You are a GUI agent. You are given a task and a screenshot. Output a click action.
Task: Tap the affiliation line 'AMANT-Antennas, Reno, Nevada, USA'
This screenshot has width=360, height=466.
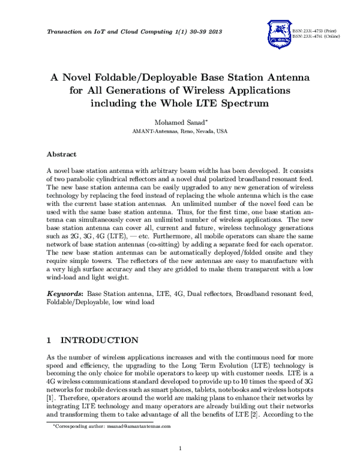(x=179, y=130)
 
